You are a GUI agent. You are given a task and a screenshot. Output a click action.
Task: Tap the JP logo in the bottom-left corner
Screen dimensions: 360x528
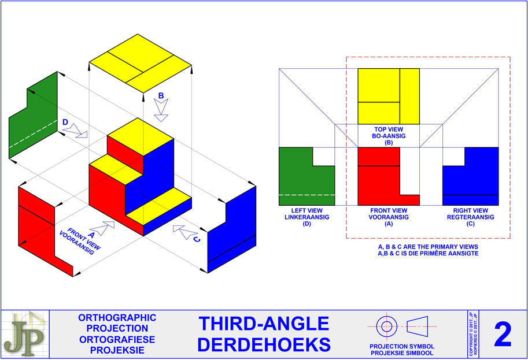(x=24, y=334)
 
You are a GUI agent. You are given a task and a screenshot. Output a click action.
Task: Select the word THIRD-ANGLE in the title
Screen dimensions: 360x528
(x=264, y=324)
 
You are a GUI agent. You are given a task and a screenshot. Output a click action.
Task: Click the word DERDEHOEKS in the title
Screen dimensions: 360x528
(x=264, y=344)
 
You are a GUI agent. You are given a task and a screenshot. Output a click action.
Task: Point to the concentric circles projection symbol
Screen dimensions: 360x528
(x=386, y=326)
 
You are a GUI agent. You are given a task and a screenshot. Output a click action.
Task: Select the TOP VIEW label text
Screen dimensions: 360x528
(x=388, y=129)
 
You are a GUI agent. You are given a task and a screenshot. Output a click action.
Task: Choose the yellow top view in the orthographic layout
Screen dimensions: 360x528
(x=388, y=96)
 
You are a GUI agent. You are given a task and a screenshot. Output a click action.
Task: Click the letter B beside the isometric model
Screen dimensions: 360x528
(x=161, y=95)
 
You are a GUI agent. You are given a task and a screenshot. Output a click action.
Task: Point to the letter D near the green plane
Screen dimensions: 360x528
(x=65, y=123)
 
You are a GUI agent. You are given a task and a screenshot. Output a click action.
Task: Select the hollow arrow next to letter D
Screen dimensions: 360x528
(x=75, y=133)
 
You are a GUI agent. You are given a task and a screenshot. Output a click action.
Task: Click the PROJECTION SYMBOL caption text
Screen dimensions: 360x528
(x=402, y=347)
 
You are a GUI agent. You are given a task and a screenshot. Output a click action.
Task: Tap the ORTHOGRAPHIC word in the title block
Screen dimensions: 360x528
(x=117, y=318)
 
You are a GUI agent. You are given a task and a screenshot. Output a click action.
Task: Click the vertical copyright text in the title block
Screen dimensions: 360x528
(x=472, y=334)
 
